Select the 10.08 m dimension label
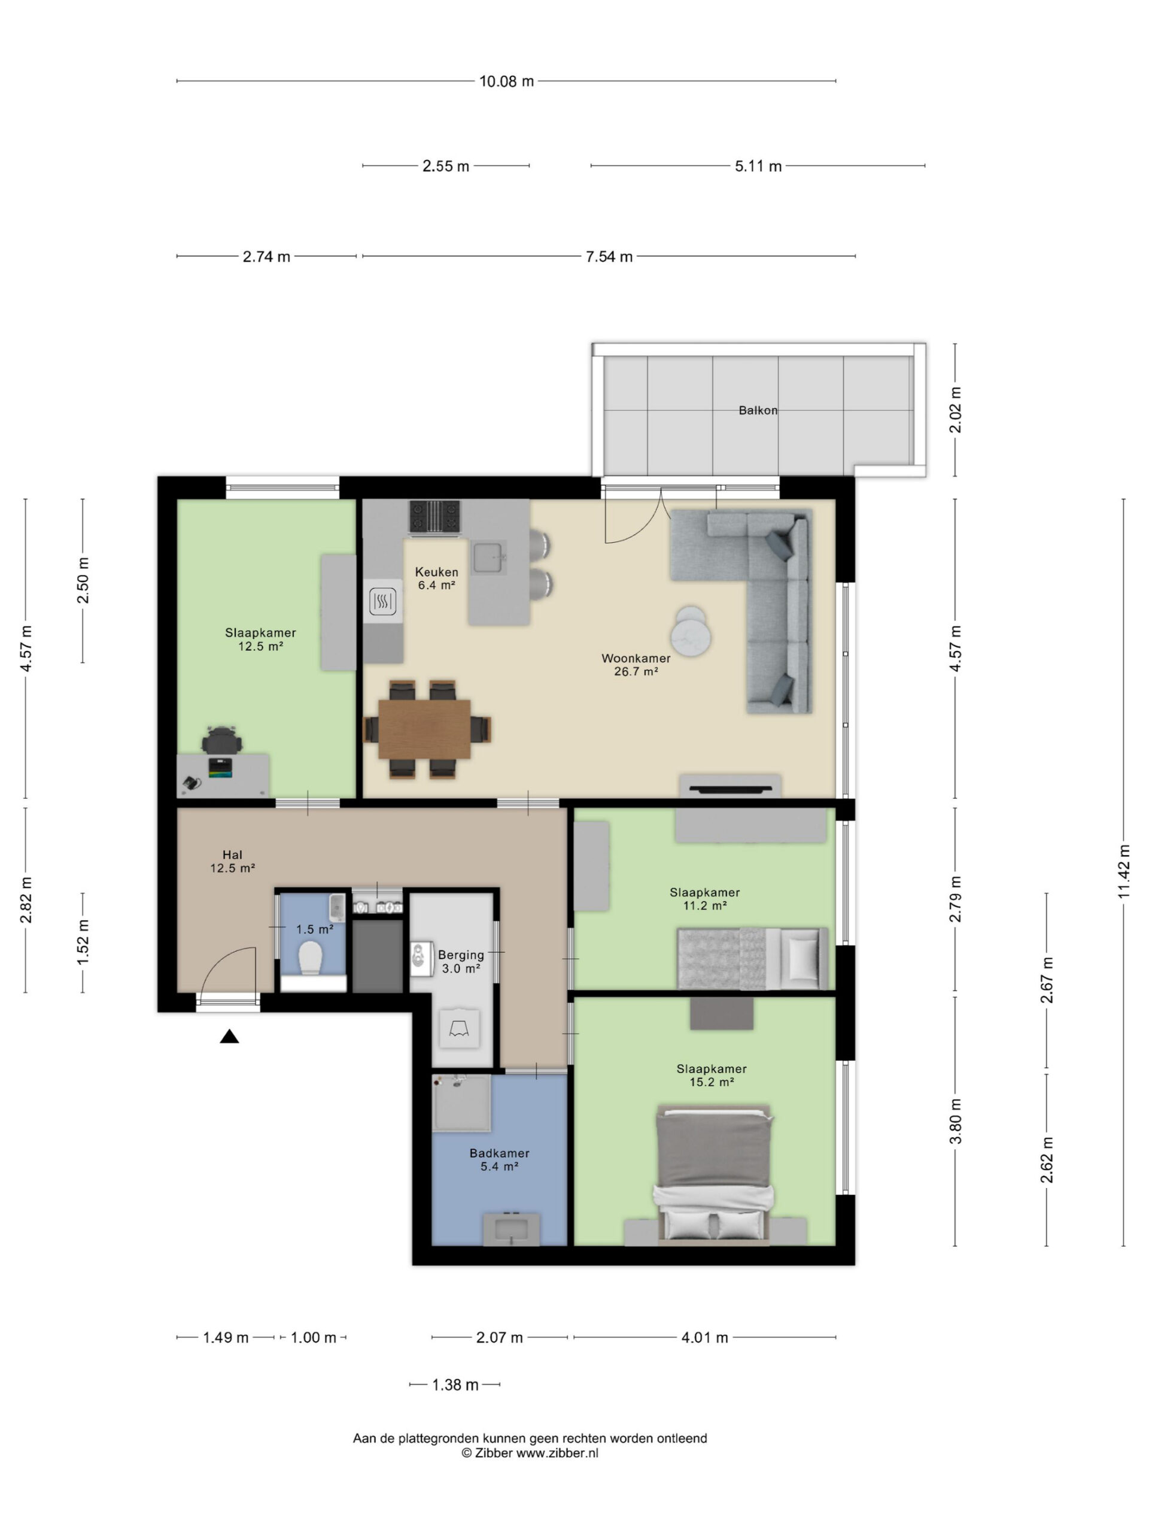[506, 81]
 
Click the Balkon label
[758, 410]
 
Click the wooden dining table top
[424, 729]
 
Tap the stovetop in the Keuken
[434, 517]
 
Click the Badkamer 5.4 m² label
[499, 1159]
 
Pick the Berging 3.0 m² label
[461, 961]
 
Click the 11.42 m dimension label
[1123, 871]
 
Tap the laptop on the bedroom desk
[221, 767]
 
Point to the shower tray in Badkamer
[461, 1102]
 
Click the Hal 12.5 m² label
[233, 862]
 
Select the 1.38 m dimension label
[455, 1384]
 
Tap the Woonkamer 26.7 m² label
[636, 665]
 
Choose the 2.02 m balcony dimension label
[955, 410]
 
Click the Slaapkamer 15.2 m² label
[712, 1075]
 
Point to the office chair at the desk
[221, 740]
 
